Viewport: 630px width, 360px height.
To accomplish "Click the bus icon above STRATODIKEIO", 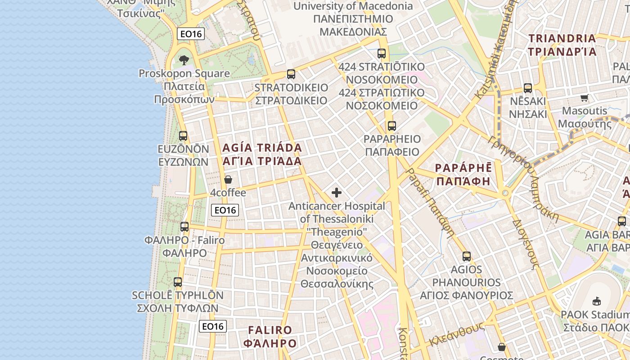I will click(291, 74).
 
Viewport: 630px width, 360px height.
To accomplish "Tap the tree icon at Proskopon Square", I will click(184, 60).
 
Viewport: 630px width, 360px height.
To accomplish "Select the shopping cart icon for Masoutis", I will click(584, 98).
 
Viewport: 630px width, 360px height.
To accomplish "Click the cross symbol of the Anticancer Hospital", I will click(337, 193).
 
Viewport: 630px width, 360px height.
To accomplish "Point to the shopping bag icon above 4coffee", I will click(228, 180).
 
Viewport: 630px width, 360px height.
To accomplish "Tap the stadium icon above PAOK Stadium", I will click(597, 301).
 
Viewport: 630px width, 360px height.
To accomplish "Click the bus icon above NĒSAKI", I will click(528, 88).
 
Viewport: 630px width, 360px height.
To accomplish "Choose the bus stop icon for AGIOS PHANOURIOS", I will click(467, 256).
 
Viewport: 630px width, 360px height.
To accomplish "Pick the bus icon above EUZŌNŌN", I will click(183, 135).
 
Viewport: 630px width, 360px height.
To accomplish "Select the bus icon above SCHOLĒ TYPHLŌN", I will click(178, 282).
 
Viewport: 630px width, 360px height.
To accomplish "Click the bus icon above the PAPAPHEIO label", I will click(392, 126).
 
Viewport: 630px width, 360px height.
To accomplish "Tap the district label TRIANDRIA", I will click(562, 39).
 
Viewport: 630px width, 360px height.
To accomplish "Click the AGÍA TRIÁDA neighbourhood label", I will click(262, 148).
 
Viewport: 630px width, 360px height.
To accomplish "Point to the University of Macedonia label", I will click(353, 6).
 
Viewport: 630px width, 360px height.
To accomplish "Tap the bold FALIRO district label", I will click(270, 330).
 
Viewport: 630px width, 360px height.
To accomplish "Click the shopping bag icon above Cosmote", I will click(502, 347).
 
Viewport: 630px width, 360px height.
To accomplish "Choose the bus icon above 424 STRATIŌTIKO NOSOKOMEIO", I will click(382, 54).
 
